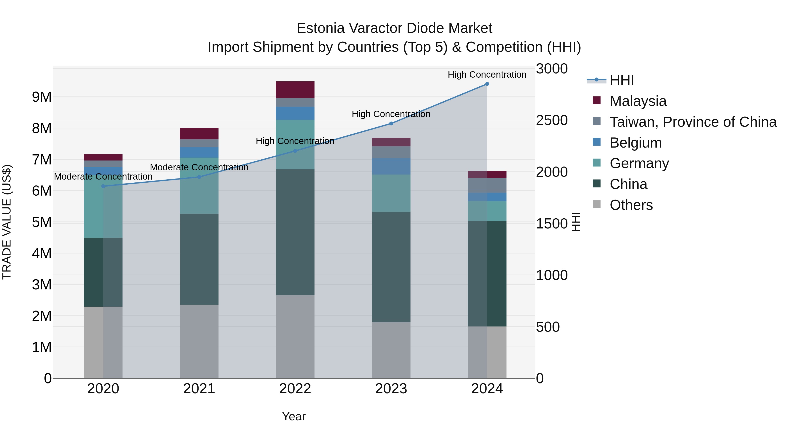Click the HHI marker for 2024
[x=487, y=84]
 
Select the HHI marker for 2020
[x=103, y=186]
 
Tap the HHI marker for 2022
[x=295, y=151]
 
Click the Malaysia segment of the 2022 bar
[x=295, y=90]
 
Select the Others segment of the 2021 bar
[x=199, y=341]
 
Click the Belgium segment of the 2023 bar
[x=391, y=166]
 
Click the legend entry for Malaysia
[x=638, y=101]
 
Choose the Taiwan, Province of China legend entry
[x=693, y=122]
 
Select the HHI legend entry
[x=622, y=80]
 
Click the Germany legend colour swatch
[x=597, y=163]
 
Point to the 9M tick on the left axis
[x=42, y=97]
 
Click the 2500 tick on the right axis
[x=552, y=120]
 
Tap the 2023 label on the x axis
[x=391, y=389]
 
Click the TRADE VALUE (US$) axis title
[x=7, y=222]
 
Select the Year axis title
[x=294, y=416]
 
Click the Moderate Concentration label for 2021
[x=199, y=167]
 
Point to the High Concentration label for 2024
[x=487, y=75]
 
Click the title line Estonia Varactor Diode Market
[x=394, y=28]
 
